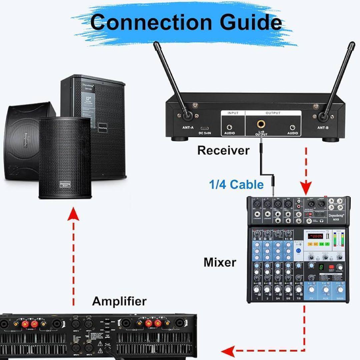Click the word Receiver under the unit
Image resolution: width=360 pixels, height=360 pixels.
pos(223,150)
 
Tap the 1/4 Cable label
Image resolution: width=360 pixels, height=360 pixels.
pos(236,184)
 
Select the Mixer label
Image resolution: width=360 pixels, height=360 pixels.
pos(220,262)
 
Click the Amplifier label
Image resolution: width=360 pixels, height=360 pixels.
pos(119,301)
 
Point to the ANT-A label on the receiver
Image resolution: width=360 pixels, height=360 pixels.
pos(188,128)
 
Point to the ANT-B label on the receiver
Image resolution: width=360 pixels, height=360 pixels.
pos(323,128)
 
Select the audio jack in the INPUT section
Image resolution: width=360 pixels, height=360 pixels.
pos(229,127)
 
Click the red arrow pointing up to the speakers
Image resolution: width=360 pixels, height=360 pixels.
pos(73,217)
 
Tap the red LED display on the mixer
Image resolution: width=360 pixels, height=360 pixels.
pos(315,236)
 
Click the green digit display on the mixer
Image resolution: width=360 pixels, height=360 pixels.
pos(321,267)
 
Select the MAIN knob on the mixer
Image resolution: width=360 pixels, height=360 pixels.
pos(340,289)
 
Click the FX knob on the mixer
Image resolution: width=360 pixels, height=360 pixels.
pos(311,289)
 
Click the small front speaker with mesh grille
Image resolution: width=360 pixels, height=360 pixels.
pos(64,158)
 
